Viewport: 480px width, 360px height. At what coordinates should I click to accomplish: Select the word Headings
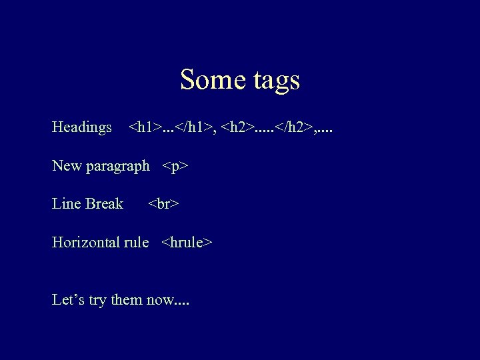point(82,127)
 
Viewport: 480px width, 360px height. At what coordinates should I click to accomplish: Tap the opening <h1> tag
point(144,127)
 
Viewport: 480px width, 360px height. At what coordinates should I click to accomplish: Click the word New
point(67,165)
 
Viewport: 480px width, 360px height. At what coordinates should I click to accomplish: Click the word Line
point(65,204)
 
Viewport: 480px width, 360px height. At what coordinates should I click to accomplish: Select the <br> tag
point(164,204)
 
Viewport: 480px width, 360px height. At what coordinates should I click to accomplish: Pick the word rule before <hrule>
point(137,243)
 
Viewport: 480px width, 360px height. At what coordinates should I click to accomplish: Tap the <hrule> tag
point(187,243)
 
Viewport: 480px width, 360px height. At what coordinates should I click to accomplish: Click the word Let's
point(69,300)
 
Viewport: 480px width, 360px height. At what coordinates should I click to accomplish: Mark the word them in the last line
point(126,300)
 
